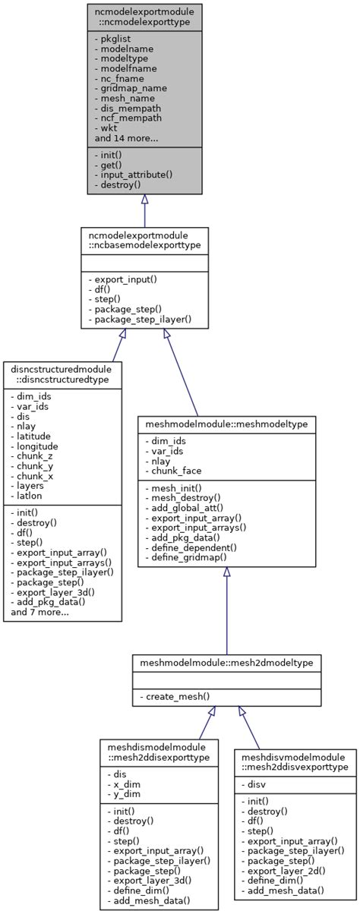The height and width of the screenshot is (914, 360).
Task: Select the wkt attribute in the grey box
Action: tap(108, 128)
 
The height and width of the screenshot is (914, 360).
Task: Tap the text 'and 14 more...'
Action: tap(126, 138)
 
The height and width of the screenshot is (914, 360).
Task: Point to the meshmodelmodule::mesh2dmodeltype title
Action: tap(226, 663)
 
